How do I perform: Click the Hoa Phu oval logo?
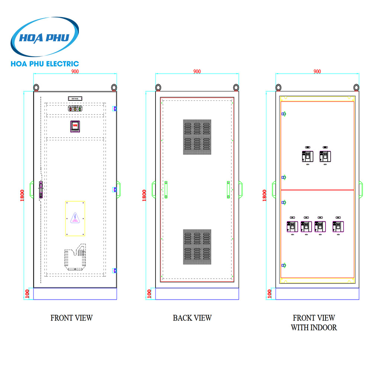[45, 38]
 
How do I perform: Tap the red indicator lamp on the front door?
[70, 109]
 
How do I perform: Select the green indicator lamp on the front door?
[80, 109]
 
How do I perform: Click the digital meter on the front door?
[75, 126]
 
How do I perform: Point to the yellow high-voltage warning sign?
[75, 219]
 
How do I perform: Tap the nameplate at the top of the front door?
[75, 98]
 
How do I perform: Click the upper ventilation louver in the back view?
[197, 137]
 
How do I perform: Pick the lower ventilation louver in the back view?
[197, 247]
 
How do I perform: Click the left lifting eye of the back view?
[158, 87]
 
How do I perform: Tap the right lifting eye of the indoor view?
[356, 87]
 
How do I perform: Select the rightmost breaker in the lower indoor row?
[338, 226]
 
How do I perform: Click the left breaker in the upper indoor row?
[307, 155]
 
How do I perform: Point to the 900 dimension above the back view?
[197, 71]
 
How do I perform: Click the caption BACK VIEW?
[192, 318]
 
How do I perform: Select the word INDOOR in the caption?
[324, 328]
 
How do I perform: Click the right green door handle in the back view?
[228, 190]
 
